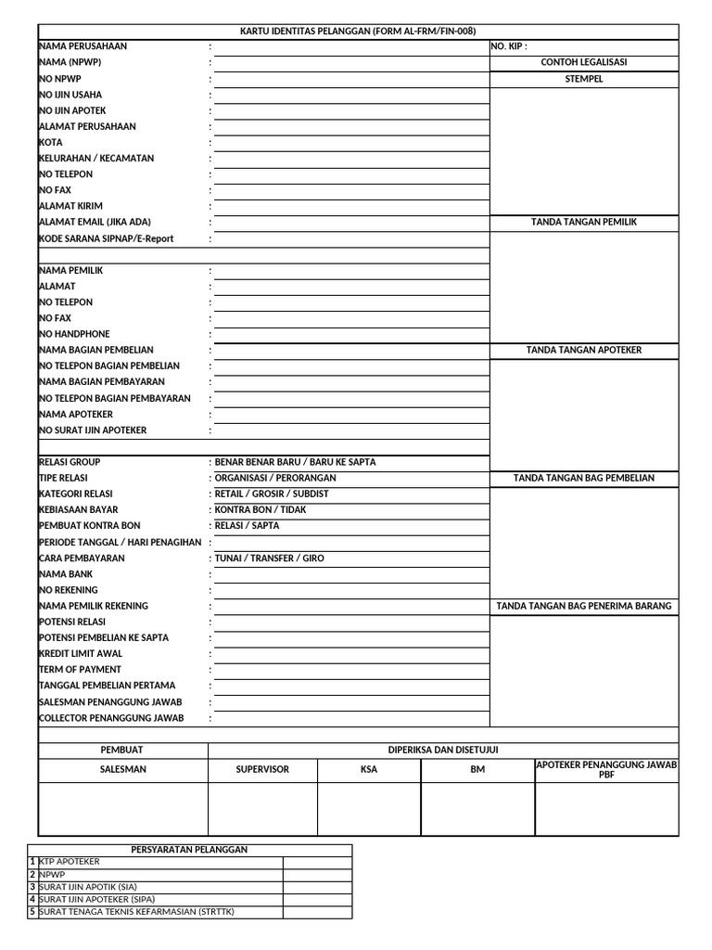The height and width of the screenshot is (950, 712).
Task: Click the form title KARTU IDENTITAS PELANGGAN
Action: [358, 31]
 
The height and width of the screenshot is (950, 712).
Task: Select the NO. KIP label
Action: [509, 46]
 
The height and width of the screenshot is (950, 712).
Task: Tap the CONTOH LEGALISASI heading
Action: [584, 62]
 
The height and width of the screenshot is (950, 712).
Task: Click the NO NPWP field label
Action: [60, 79]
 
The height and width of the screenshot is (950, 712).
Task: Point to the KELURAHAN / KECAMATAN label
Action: [96, 159]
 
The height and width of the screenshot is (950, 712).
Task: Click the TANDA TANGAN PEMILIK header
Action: [584, 223]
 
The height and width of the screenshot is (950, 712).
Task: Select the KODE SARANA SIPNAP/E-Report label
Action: [106, 238]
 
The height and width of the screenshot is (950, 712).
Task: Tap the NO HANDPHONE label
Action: [74, 334]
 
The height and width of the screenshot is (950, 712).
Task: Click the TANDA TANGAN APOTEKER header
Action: [584, 351]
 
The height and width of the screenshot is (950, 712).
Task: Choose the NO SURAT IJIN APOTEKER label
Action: [93, 430]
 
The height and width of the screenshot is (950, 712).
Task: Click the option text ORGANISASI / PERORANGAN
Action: [275, 478]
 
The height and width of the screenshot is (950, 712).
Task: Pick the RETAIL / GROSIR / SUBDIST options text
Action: [272, 494]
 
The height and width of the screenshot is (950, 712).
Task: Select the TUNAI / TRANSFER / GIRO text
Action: [270, 558]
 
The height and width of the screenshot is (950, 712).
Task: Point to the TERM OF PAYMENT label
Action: [80, 669]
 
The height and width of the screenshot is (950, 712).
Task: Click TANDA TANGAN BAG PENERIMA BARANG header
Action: [584, 607]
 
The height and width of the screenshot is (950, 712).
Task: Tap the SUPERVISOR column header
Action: [262, 770]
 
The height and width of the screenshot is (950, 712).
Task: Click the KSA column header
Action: [369, 770]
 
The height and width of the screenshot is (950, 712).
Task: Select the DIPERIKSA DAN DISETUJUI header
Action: [443, 750]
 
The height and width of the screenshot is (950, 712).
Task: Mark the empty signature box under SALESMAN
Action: [122, 809]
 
